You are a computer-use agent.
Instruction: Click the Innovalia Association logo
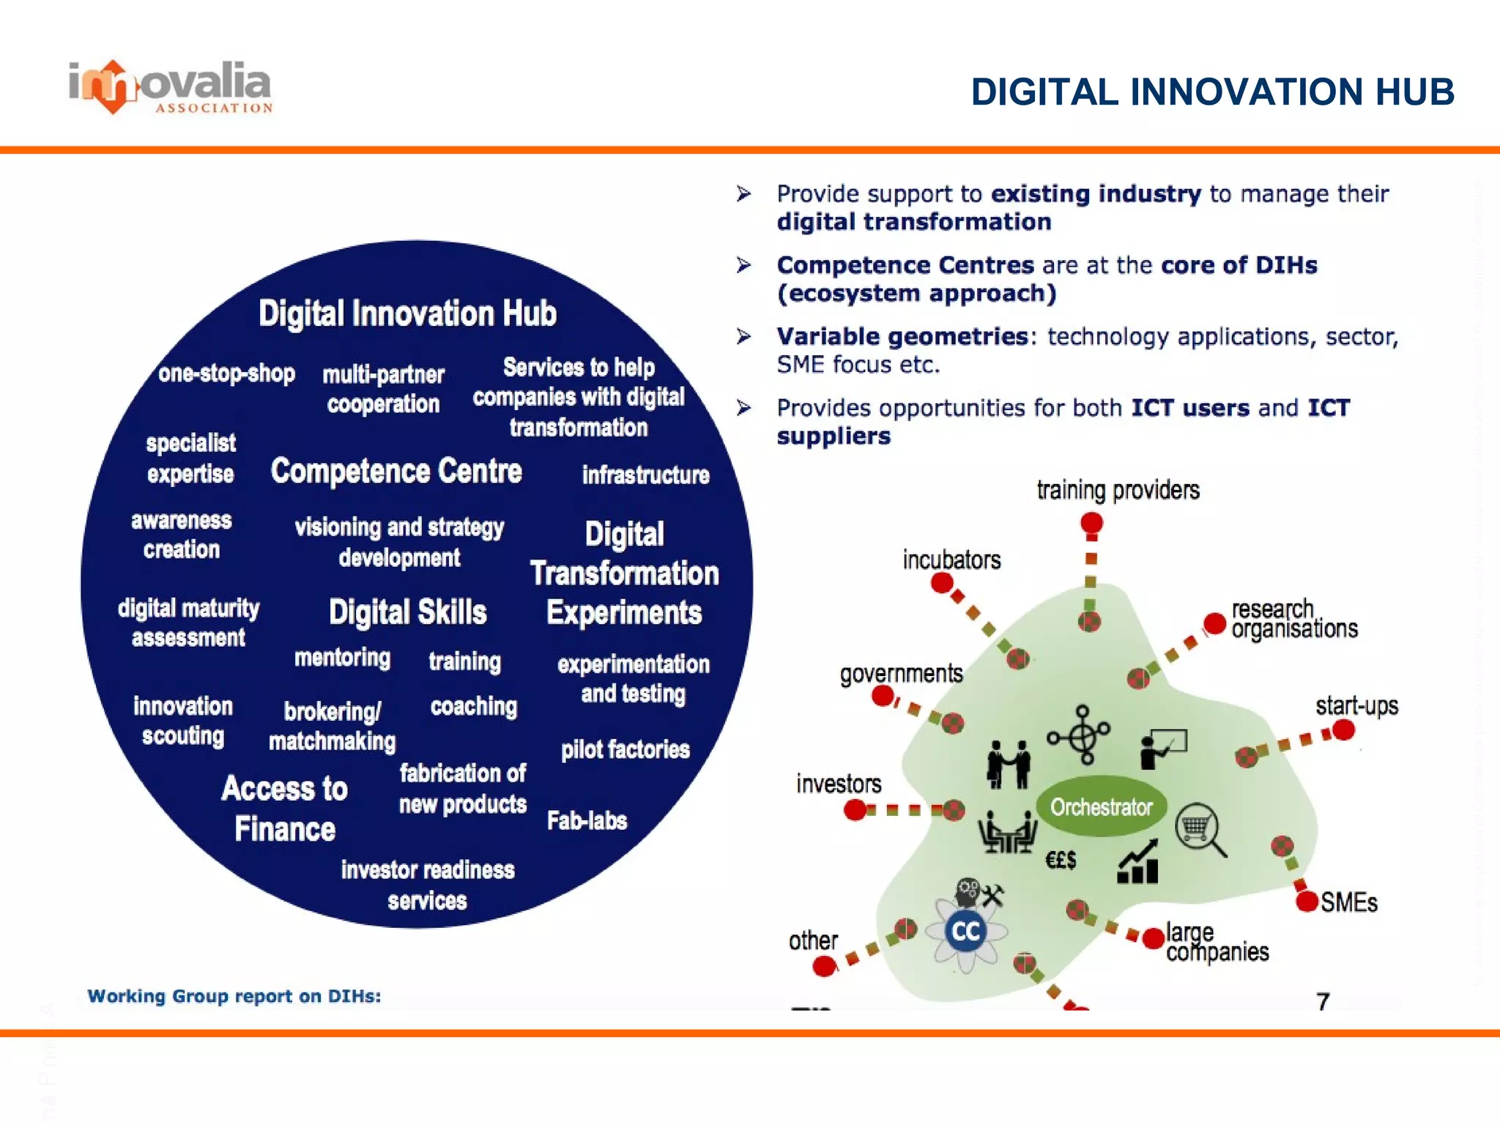171,87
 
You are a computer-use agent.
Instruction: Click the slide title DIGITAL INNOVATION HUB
1212,92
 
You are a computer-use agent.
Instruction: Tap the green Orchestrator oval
1101,806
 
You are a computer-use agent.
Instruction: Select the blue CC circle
965,932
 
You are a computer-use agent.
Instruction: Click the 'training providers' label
1118,490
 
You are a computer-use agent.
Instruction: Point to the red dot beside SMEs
1307,901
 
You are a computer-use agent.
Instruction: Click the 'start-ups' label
1356,706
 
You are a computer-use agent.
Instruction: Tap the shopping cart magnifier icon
1200,831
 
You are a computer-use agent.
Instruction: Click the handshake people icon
1009,764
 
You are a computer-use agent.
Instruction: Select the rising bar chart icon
1137,863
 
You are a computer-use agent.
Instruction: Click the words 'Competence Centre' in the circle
396,471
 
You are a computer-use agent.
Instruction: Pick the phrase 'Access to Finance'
284,809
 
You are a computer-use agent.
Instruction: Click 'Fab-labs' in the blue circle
587,820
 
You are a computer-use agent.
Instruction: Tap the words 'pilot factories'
625,749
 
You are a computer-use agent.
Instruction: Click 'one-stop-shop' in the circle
226,374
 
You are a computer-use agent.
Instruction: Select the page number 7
1323,1001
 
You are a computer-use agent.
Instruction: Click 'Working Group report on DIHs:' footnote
234,996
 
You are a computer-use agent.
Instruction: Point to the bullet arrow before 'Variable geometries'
744,336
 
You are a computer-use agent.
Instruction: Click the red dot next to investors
855,810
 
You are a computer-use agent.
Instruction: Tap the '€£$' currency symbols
1060,860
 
